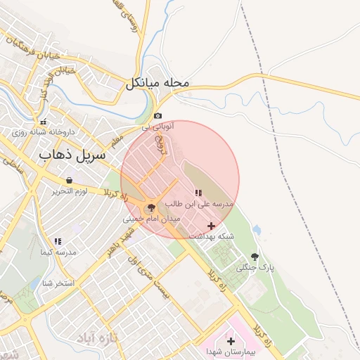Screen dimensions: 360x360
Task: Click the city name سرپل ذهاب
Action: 72,154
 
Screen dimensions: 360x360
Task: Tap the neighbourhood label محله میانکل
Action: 158,84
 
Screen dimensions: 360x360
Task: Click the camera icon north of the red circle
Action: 158,116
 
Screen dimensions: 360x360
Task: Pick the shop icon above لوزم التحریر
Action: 67,180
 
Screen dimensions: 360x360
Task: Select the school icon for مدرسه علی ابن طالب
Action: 198,193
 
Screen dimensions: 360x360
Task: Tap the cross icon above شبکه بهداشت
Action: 212,225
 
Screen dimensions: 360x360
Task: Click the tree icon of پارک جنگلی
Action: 254,257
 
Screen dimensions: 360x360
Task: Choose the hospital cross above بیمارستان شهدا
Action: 231,340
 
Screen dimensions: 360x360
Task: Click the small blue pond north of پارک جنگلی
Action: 256,230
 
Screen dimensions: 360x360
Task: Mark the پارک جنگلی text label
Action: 254,268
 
